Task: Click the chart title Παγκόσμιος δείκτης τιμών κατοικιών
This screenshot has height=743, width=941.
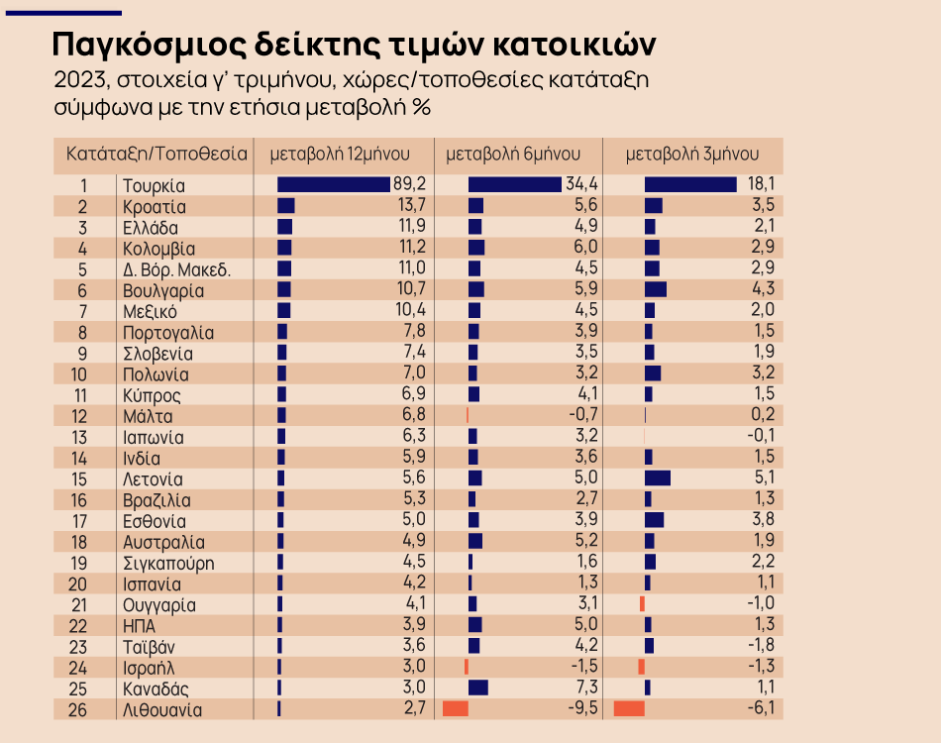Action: point(353,45)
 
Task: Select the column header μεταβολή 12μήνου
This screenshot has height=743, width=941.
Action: point(340,155)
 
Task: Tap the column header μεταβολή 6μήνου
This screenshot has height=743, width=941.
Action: point(513,155)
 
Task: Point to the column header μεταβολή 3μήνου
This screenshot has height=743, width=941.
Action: point(692,155)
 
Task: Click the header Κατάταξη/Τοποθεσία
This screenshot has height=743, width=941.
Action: point(157,155)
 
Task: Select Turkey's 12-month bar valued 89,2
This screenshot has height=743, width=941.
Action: point(334,185)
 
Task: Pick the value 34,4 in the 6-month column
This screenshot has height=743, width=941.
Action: point(581,185)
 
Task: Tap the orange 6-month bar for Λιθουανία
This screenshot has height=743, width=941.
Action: point(455,709)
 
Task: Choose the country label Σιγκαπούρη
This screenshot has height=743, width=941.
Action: point(168,564)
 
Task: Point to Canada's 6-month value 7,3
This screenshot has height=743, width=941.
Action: point(586,689)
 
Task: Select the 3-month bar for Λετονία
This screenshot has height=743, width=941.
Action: point(658,478)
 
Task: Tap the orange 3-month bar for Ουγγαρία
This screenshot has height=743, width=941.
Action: point(642,604)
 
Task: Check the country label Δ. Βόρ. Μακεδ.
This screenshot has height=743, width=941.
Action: point(176,269)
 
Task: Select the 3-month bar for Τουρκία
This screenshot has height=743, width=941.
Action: point(690,185)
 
